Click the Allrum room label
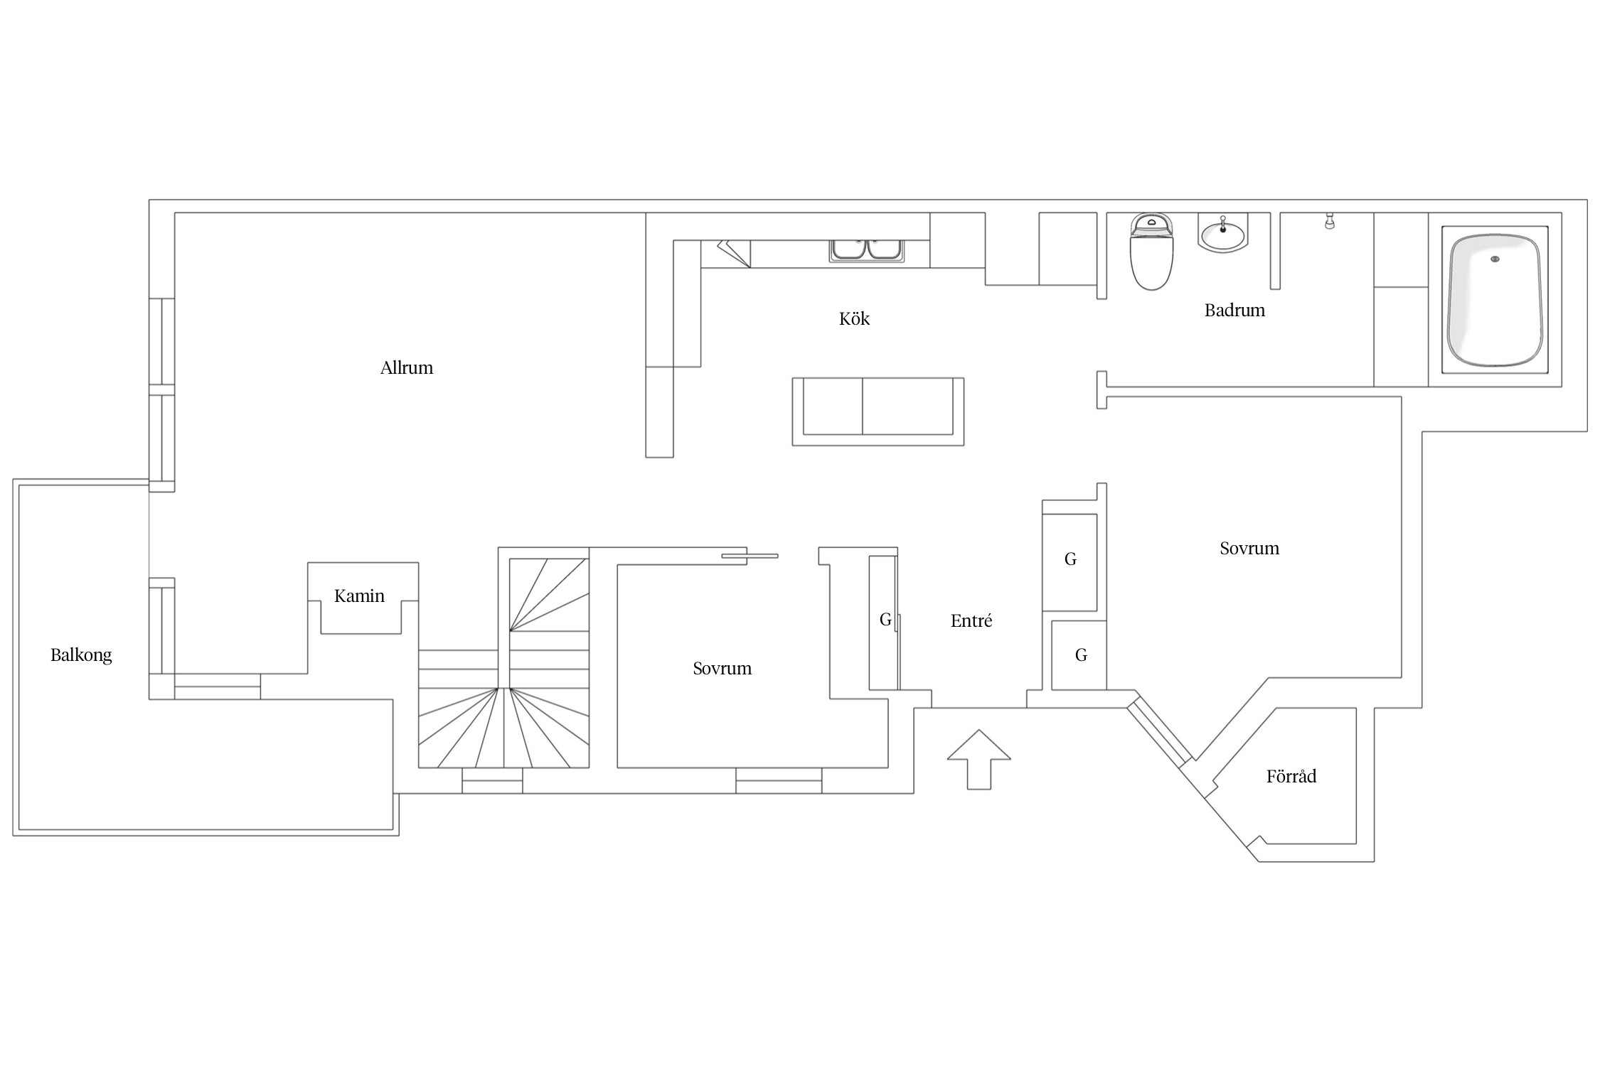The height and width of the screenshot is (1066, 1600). tap(406, 367)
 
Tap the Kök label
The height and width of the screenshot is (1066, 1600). tap(854, 318)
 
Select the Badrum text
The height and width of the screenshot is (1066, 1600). tap(1234, 310)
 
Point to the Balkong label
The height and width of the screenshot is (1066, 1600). tap(81, 655)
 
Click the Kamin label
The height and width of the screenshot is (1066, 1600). tap(359, 596)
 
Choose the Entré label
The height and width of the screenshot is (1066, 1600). tap(971, 620)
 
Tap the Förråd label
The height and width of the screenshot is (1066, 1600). tap(1291, 775)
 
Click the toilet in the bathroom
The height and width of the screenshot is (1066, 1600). tap(1151, 252)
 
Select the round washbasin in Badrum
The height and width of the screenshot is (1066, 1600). tap(1222, 233)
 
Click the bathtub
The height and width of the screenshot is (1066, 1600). tap(1495, 299)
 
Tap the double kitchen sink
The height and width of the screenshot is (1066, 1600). tap(866, 250)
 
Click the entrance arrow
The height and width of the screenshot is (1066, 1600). tap(978, 759)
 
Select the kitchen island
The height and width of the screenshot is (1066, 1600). tap(878, 411)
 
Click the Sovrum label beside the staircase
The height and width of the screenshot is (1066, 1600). tap(722, 668)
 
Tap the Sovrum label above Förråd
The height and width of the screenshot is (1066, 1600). tap(1249, 548)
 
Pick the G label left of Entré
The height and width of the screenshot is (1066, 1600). tap(885, 620)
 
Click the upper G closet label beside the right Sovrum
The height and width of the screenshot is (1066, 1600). tap(1070, 559)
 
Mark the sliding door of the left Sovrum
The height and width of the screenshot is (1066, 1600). tap(750, 556)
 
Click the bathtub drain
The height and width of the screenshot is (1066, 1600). tap(1495, 259)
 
